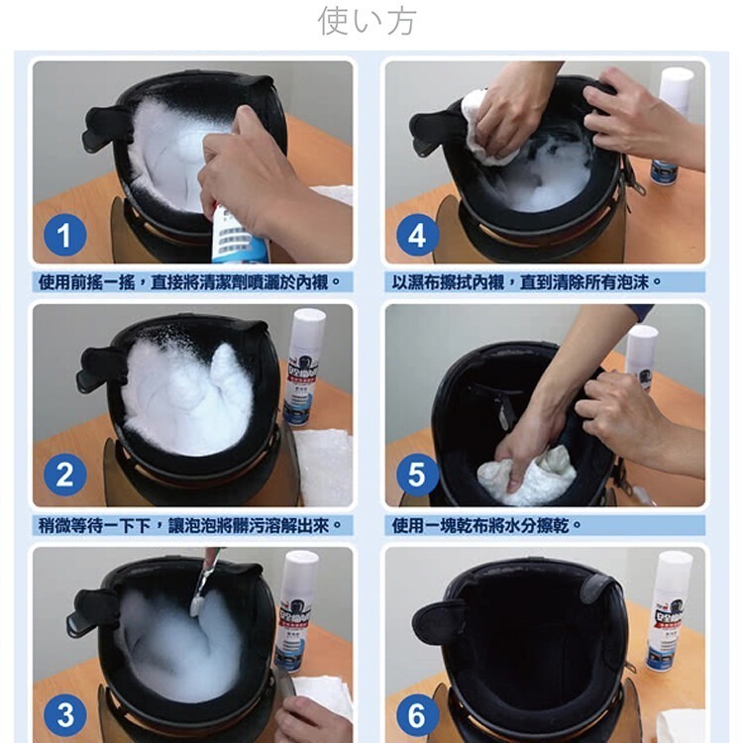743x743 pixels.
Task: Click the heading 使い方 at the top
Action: (367, 20)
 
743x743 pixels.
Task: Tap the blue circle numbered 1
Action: (64, 236)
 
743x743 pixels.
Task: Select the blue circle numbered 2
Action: (64, 476)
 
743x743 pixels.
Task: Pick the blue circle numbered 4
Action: (417, 236)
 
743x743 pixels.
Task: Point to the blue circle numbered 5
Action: (417, 476)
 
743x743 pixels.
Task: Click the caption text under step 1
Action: (194, 282)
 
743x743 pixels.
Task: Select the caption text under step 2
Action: (194, 524)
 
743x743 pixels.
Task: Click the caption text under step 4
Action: (527, 282)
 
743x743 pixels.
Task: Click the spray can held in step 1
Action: (238, 233)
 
